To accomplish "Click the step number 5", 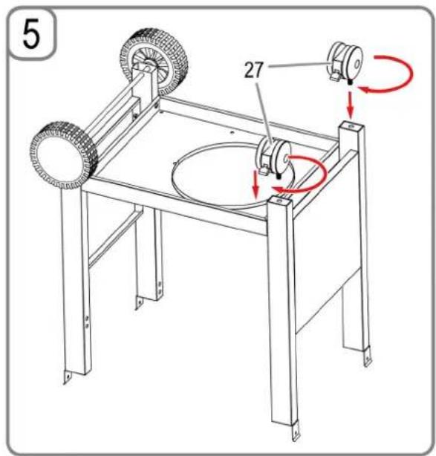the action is (x=31, y=33).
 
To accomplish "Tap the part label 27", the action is (x=253, y=70).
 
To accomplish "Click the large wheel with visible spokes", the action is (x=154, y=62).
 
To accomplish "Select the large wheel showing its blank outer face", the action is (x=64, y=156).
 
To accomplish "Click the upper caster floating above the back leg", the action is (x=345, y=62).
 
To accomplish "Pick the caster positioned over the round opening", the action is (x=273, y=157).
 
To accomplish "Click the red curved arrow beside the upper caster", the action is (x=390, y=74).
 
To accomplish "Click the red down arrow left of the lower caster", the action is (x=256, y=183).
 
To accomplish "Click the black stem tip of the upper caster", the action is (x=351, y=82).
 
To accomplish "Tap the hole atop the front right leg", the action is (x=279, y=201).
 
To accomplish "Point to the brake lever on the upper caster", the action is (x=336, y=76).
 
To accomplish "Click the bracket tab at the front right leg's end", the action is (x=296, y=431).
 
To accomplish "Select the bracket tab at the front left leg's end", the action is (x=68, y=377).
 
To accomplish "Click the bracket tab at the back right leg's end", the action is (x=368, y=358).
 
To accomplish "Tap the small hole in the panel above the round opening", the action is (x=232, y=132).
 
